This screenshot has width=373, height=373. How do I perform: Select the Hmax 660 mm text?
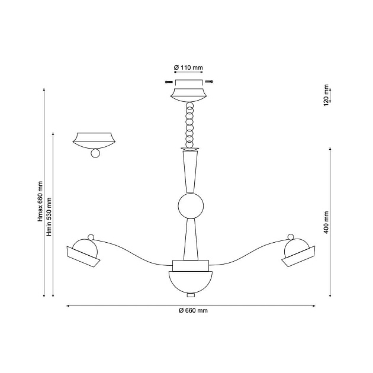[x=40, y=201]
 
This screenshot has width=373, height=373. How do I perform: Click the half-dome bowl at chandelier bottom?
[x=190, y=281]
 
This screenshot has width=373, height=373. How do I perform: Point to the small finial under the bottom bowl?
[x=190, y=294]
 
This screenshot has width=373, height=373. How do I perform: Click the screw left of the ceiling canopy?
[x=169, y=81]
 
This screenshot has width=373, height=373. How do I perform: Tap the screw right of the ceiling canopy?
[x=210, y=81]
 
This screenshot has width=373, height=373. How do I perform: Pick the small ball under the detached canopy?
[x=95, y=154]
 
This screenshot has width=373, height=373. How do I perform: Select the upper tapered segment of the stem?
[x=190, y=172]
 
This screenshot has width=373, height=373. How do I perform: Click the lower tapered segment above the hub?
[x=190, y=240]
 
